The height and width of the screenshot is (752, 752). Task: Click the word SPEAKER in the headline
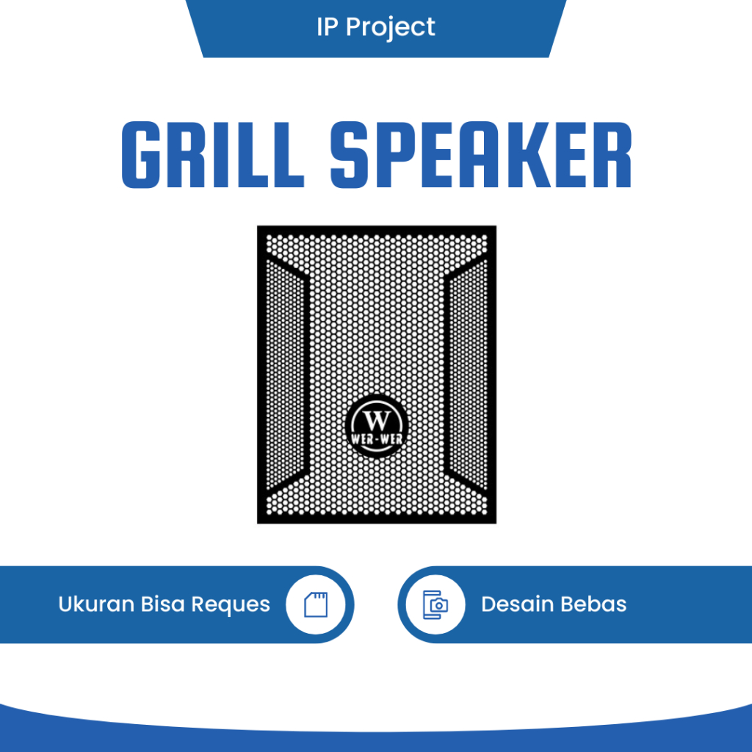481,156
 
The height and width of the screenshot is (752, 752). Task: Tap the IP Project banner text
375,27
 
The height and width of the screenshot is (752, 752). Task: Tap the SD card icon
315,604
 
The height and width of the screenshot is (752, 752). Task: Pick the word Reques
231,604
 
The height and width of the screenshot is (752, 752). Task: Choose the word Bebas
593,604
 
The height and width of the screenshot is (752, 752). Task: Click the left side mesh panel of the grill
287,375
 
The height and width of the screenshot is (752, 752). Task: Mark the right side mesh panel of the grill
466,375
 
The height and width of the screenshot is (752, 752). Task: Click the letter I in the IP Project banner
320,27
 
